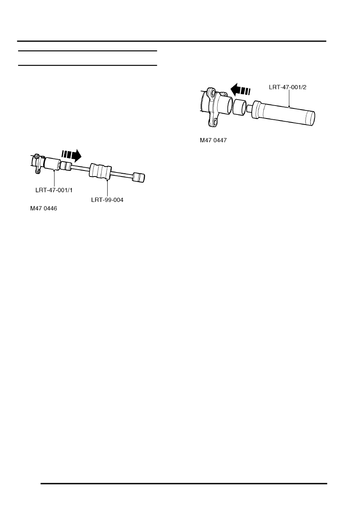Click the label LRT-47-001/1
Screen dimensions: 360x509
point(54,190)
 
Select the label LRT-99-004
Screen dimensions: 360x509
point(107,200)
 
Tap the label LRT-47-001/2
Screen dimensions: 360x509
point(287,87)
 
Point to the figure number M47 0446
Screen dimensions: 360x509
point(44,208)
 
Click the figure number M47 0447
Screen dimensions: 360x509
point(213,140)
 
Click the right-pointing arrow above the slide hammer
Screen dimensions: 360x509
point(71,156)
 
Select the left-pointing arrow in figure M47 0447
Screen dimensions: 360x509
point(240,89)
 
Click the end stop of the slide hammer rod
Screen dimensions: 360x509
point(139,178)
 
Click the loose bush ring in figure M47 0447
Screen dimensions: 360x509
point(239,107)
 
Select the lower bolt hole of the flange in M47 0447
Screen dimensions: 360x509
point(214,123)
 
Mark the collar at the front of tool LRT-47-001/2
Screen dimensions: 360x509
point(256,110)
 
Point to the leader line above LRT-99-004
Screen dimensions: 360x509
point(107,189)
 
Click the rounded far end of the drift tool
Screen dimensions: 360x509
point(311,118)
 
